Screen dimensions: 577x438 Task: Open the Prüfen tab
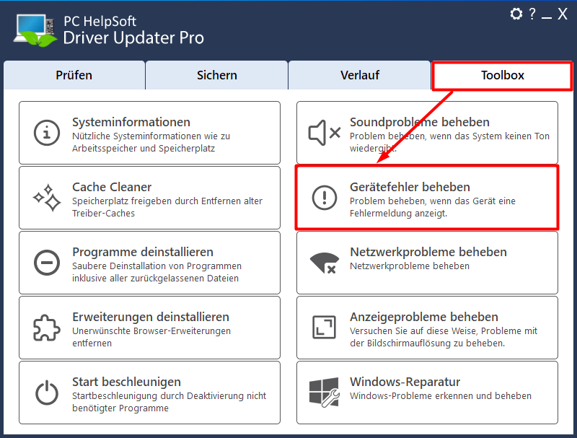pos(74,75)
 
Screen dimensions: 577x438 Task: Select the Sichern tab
pos(217,75)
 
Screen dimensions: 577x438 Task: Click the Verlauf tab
pos(359,75)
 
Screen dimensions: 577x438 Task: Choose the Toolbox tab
pos(502,76)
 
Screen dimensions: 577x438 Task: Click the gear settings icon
pos(516,14)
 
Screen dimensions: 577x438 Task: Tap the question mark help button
pos(532,14)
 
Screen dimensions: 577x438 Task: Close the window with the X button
pos(563,14)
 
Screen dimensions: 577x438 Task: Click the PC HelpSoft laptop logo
pos(35,30)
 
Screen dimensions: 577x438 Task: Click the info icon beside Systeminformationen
pos(47,133)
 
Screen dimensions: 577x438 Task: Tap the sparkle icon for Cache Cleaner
pos(47,198)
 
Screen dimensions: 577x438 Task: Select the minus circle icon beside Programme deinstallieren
pos(47,263)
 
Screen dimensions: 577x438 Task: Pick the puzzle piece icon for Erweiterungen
pos(47,328)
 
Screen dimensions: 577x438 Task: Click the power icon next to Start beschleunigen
pos(47,393)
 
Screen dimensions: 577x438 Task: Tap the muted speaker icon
pos(324,133)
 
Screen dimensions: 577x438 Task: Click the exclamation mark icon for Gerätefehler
pos(324,198)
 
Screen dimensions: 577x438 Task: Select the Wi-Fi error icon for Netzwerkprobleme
pos(324,263)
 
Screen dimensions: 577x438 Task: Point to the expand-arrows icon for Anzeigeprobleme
pos(324,327)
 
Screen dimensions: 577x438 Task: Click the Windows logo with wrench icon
pos(324,393)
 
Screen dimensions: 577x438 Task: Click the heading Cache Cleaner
pos(112,187)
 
